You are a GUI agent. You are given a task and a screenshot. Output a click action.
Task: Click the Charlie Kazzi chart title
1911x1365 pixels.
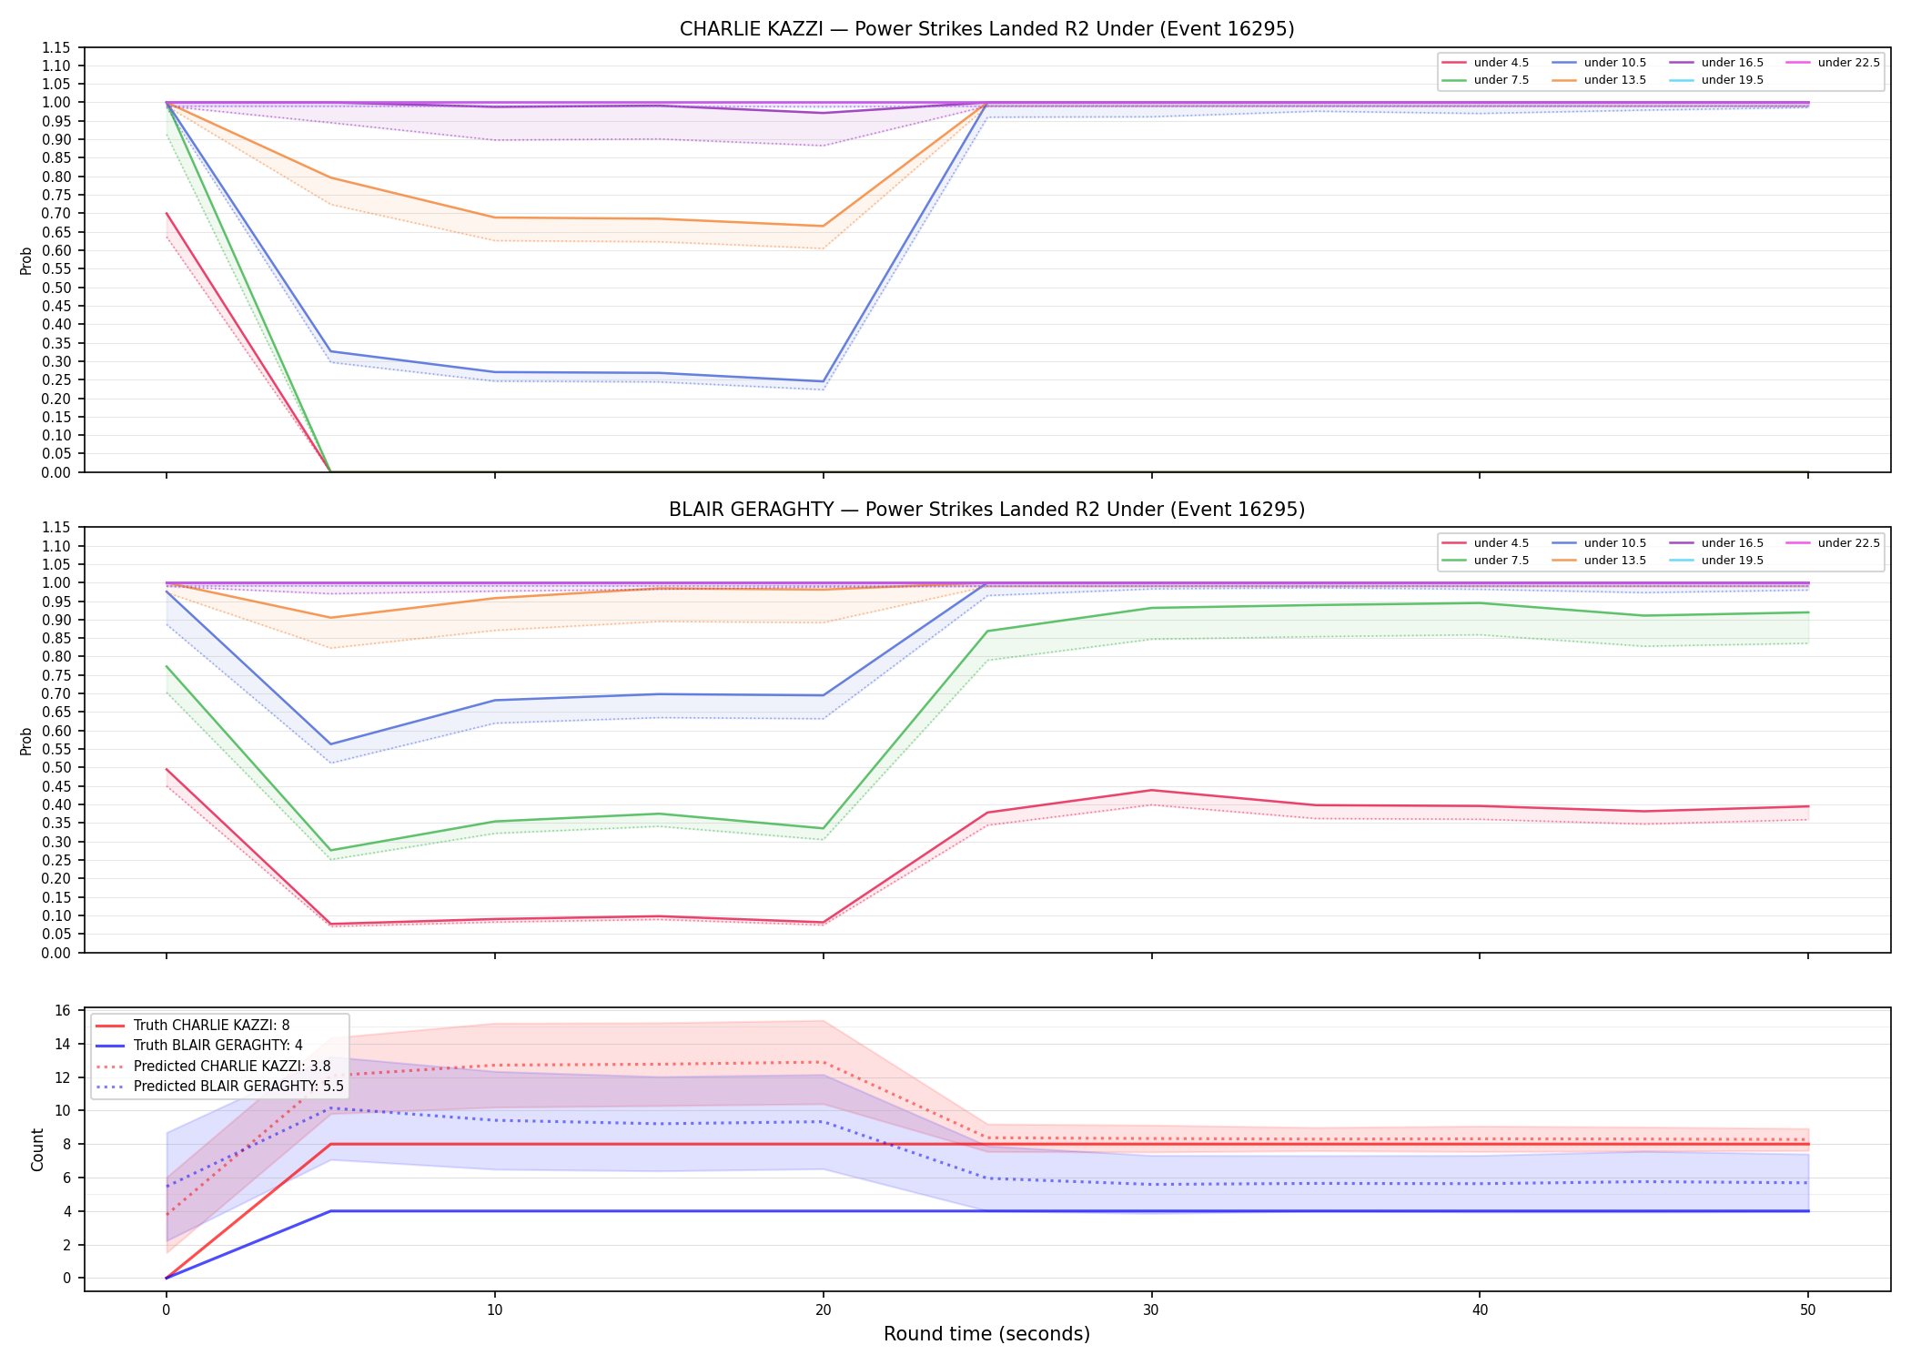986,29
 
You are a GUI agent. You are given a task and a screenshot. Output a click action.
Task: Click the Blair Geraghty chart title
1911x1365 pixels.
986,510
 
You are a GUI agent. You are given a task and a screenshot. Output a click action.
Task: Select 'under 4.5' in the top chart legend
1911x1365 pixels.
1501,63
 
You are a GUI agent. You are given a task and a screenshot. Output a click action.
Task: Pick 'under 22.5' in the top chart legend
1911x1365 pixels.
1848,63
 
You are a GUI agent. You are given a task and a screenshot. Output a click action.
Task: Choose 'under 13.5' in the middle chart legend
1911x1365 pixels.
1614,561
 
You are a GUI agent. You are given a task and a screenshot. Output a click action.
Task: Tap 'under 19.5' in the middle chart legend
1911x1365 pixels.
1732,561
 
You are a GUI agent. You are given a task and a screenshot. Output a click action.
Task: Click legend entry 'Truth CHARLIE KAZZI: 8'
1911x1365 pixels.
211,1026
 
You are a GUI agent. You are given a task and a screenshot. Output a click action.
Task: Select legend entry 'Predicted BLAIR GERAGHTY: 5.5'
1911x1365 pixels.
238,1087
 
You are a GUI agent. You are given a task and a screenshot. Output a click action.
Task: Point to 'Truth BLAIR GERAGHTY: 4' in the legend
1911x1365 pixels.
217,1046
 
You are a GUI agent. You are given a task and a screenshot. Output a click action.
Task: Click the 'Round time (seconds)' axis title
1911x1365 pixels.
986,1334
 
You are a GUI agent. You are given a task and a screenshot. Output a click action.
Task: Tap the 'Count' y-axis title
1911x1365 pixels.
37,1149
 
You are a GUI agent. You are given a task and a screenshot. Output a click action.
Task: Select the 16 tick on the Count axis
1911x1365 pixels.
63,1011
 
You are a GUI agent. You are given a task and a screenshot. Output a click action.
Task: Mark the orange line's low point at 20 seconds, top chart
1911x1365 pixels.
823,226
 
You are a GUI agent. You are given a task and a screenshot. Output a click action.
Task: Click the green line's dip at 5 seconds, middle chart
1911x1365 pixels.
330,851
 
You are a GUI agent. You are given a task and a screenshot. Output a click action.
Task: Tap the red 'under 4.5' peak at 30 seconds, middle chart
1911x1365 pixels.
1151,790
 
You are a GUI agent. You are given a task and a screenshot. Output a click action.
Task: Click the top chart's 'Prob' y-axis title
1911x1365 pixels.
26,260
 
